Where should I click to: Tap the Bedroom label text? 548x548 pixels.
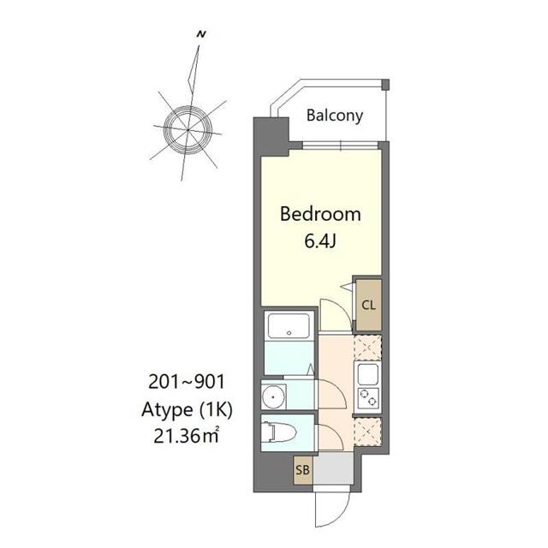pyautogui.click(x=320, y=214)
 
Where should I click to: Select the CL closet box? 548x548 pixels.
pyautogui.click(x=368, y=305)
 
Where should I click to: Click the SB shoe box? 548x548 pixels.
pyautogui.click(x=301, y=469)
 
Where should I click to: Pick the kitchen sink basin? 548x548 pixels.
pyautogui.click(x=368, y=374)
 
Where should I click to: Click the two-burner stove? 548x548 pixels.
pyautogui.click(x=368, y=397)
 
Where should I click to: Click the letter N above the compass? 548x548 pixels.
pyautogui.click(x=200, y=34)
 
